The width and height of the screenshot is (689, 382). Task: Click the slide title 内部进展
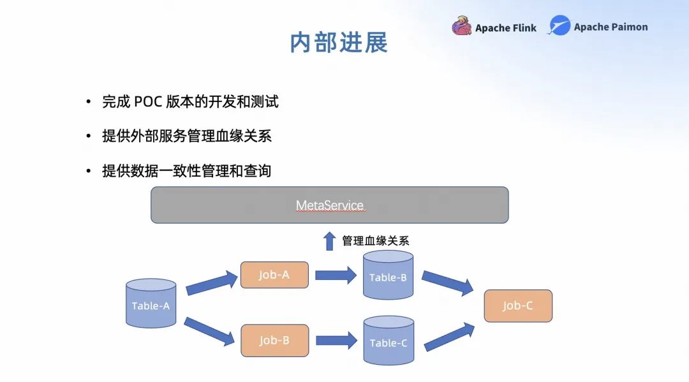pos(339,43)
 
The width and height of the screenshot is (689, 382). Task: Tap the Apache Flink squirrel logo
pos(461,27)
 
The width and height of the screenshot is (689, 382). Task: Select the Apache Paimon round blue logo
pos(559,26)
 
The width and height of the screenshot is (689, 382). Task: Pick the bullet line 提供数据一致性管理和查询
pos(186,171)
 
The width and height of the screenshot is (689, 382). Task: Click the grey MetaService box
pos(329,205)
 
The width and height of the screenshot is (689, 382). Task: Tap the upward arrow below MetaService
pos(329,241)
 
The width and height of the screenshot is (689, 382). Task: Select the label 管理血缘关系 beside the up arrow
pos(375,241)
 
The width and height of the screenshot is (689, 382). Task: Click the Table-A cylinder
pos(151,304)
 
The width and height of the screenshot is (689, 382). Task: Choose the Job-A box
pos(274,275)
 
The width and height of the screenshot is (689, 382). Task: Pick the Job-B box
pos(274,340)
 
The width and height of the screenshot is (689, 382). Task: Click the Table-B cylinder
pos(388,275)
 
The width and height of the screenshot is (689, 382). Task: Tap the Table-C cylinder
pos(388,341)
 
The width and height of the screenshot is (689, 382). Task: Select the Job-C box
pos(517,305)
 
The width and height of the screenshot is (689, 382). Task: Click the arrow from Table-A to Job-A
pos(211,283)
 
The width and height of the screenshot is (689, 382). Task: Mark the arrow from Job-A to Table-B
pos(336,275)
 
